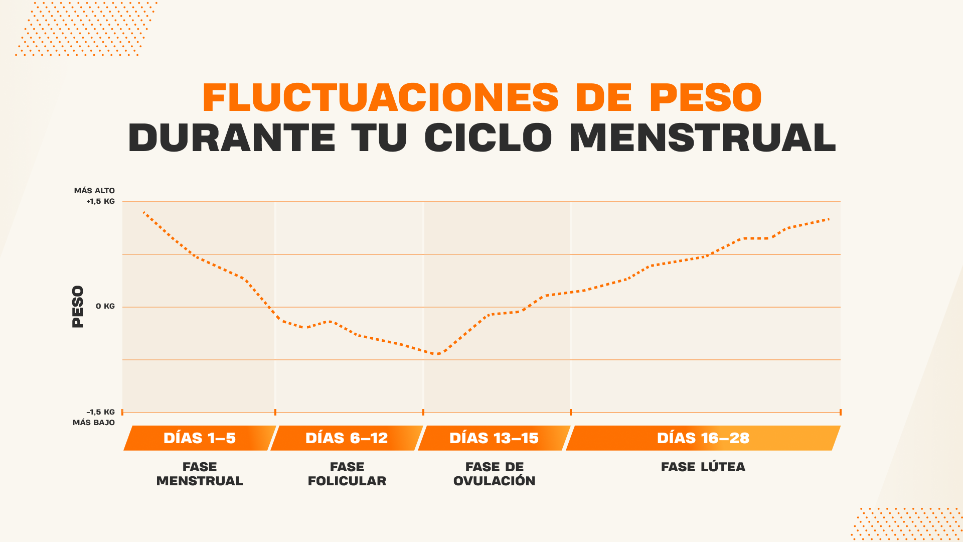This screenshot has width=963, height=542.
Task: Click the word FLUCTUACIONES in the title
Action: coord(380,97)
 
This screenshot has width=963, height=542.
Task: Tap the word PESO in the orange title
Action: coord(705,97)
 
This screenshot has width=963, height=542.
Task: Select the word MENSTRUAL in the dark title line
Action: coord(703,138)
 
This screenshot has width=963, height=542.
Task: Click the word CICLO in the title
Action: coord(488,138)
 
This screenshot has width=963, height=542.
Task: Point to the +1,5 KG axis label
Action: coord(100,201)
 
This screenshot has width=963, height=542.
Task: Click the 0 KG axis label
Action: coord(105,306)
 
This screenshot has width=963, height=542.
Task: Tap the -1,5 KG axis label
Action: coord(100,412)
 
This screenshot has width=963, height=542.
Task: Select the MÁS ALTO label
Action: coord(94,191)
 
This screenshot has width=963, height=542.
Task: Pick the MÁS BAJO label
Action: coord(94,423)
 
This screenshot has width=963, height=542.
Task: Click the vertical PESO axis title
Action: coord(78,307)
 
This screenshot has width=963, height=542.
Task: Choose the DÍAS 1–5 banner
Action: coord(199,438)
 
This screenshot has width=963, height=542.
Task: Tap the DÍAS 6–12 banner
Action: coord(347,438)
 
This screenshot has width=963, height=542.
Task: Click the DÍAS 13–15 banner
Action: coord(494,438)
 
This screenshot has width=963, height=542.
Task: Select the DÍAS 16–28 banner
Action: coord(703,438)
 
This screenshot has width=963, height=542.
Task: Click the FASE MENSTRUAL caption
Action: coord(200,474)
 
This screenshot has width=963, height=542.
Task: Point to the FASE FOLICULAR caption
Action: coord(347,474)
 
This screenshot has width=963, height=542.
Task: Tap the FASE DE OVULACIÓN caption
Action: coord(495,474)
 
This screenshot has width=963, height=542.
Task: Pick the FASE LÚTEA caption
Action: coord(703,467)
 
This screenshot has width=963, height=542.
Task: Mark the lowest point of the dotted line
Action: coord(438,354)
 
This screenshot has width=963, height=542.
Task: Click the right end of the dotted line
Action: coord(829,219)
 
